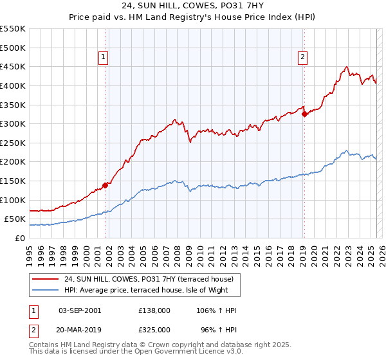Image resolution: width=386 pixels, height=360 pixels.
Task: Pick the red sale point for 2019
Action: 304,114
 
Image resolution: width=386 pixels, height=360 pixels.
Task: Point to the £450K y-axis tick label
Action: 14,66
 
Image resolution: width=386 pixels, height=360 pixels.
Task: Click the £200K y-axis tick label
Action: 14,162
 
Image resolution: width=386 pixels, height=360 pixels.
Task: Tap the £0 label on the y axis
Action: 21,238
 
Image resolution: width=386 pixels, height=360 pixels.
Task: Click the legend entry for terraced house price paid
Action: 152,279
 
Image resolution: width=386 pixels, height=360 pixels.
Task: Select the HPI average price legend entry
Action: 151,290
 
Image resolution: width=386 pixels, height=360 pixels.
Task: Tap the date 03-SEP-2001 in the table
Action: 80,310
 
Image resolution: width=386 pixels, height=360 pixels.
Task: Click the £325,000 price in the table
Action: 154,329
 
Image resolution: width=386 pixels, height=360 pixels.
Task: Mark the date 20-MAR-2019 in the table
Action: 80,329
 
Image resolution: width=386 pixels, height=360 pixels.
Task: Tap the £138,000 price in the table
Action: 154,310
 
